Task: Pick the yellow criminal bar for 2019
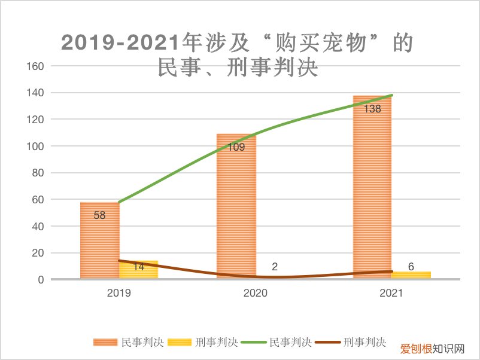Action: (139, 271)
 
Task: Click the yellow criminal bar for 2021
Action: (411, 275)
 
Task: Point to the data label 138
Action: (372, 109)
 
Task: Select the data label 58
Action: (99, 215)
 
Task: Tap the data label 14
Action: (138, 267)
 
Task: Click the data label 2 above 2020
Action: (275, 267)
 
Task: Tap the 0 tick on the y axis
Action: (41, 279)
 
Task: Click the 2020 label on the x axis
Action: (256, 294)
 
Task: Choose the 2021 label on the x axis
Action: (391, 294)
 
